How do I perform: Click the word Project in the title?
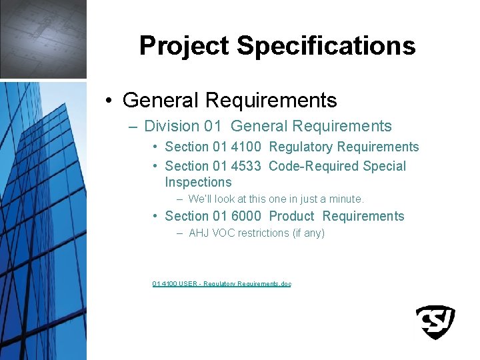coord(185,46)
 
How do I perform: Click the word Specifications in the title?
coord(326,46)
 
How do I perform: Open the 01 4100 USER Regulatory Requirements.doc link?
coord(221,284)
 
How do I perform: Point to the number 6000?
coord(246,216)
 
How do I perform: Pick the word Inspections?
coord(198,182)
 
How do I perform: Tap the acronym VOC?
coord(224,233)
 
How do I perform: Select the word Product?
coord(291,216)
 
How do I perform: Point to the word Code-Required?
coord(304,166)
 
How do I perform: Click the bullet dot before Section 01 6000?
coord(155,216)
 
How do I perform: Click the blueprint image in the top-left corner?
coord(43,39)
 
